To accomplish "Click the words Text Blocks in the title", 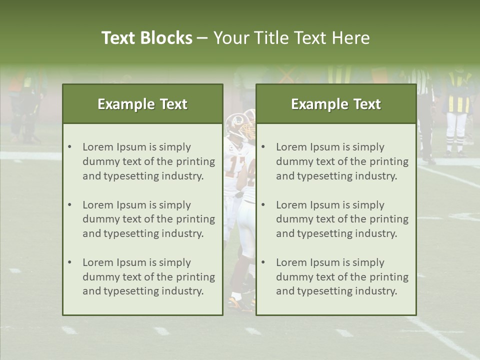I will pyautogui.click(x=146, y=38).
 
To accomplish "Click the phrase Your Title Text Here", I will pyautogui.click(x=291, y=38).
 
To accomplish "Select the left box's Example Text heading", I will pyautogui.click(x=142, y=104).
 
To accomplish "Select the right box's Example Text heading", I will pyautogui.click(x=336, y=104).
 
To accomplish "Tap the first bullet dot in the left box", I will pyautogui.click(x=69, y=147).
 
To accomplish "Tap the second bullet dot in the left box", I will pyautogui.click(x=69, y=205).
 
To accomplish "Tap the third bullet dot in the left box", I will pyautogui.click(x=69, y=262).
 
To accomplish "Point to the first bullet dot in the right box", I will pyautogui.click(x=263, y=147).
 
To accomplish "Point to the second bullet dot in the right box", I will pyautogui.click(x=263, y=205).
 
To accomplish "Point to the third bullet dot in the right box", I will pyautogui.click(x=263, y=262).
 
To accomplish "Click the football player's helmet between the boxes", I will pyautogui.click(x=236, y=125).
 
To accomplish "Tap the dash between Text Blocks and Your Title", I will pyautogui.click(x=202, y=38).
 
